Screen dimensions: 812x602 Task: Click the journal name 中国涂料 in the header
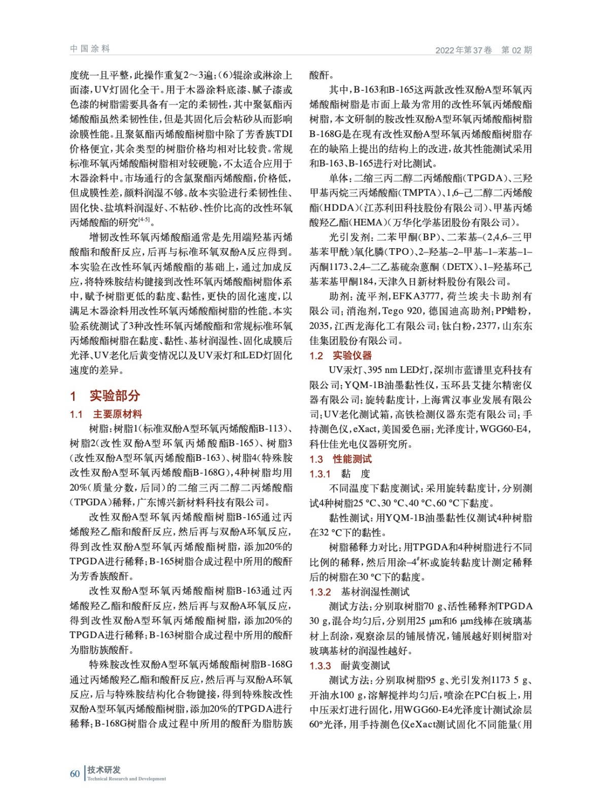(x=90, y=49)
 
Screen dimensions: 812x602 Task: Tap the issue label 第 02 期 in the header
(x=516, y=50)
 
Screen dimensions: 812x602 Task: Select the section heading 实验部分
(x=115, y=395)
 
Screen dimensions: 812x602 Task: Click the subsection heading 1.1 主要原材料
(x=106, y=414)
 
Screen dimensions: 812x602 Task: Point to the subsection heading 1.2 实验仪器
(x=340, y=356)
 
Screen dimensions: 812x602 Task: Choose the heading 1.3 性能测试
(x=340, y=459)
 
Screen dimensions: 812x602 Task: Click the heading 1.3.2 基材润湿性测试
(x=360, y=592)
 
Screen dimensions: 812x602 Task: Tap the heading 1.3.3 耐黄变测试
(x=350, y=666)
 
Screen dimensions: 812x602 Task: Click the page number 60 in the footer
(x=75, y=773)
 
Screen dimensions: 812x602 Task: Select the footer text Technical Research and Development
(x=126, y=779)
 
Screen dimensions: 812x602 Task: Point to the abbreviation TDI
(x=284, y=134)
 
